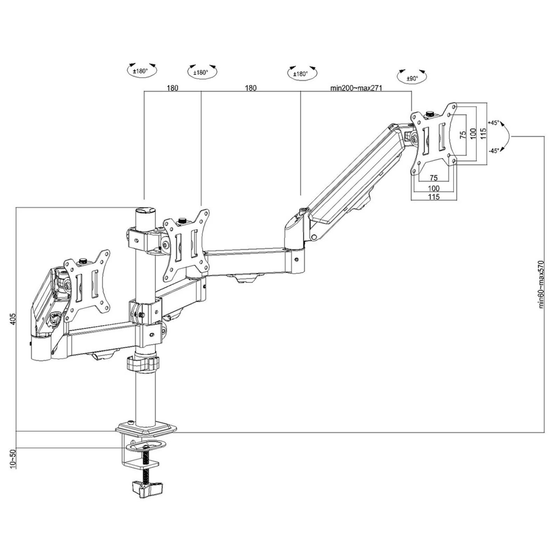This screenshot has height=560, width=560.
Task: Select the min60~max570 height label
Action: (x=541, y=284)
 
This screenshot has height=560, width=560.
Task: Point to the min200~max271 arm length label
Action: (x=356, y=88)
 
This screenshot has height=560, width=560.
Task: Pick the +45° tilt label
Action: (x=494, y=123)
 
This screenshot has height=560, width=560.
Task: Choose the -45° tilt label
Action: (x=494, y=151)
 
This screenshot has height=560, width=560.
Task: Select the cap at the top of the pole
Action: (x=145, y=211)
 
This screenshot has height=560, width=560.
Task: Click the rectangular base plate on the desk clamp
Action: (x=146, y=429)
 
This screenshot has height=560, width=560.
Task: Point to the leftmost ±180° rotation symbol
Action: (x=142, y=70)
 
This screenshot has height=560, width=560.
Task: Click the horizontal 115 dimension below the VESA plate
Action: (x=434, y=197)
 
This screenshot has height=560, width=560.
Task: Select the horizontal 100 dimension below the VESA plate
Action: (x=434, y=188)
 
